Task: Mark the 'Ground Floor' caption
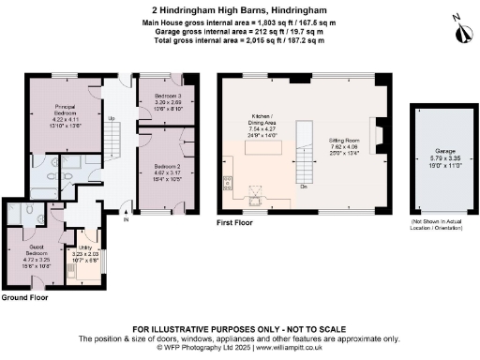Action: click(25, 298)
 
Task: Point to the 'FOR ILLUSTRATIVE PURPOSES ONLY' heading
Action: click(240, 329)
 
